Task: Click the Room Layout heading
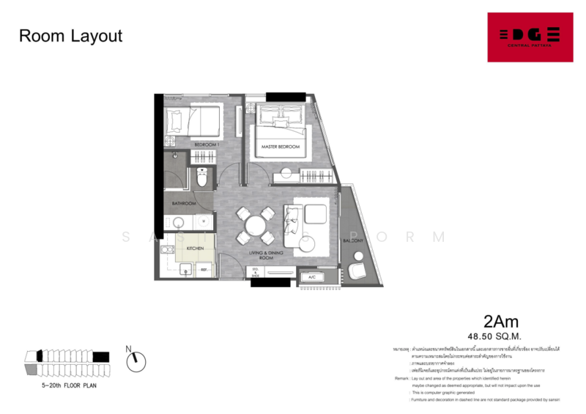tap(70, 36)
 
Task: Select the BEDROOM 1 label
tap(207, 145)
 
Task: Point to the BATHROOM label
tap(184, 203)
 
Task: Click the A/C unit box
tap(311, 277)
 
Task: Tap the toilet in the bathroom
tap(203, 177)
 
